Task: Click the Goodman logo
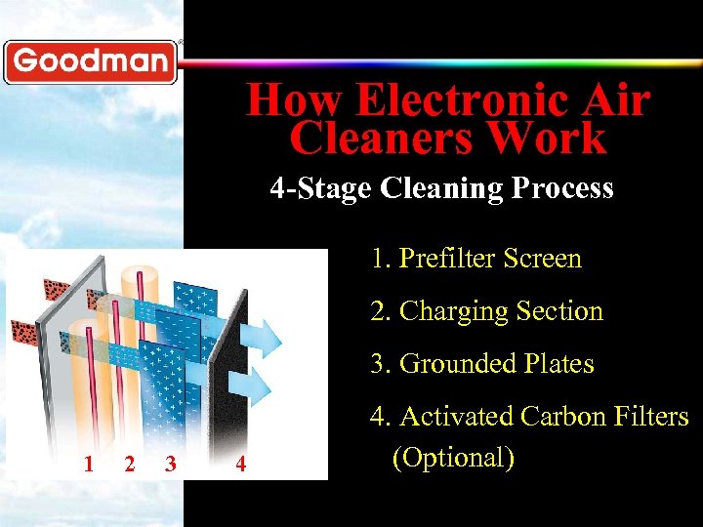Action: [x=90, y=61]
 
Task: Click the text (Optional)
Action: [x=453, y=457]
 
